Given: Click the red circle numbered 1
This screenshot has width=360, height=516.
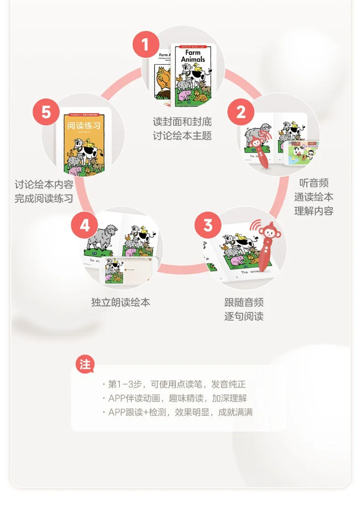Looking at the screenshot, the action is [145, 45].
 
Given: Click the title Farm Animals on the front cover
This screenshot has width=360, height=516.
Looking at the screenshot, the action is [193, 56].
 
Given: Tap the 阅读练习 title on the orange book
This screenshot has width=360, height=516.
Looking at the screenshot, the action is [84, 126].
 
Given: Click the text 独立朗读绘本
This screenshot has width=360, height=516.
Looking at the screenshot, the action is [121, 302].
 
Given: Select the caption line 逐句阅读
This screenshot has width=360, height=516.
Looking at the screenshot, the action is [244, 316].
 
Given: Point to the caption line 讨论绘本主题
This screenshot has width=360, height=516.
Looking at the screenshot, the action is [182, 136].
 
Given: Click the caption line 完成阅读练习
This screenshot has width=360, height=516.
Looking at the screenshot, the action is [44, 199].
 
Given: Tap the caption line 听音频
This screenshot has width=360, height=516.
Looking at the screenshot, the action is [314, 183].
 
